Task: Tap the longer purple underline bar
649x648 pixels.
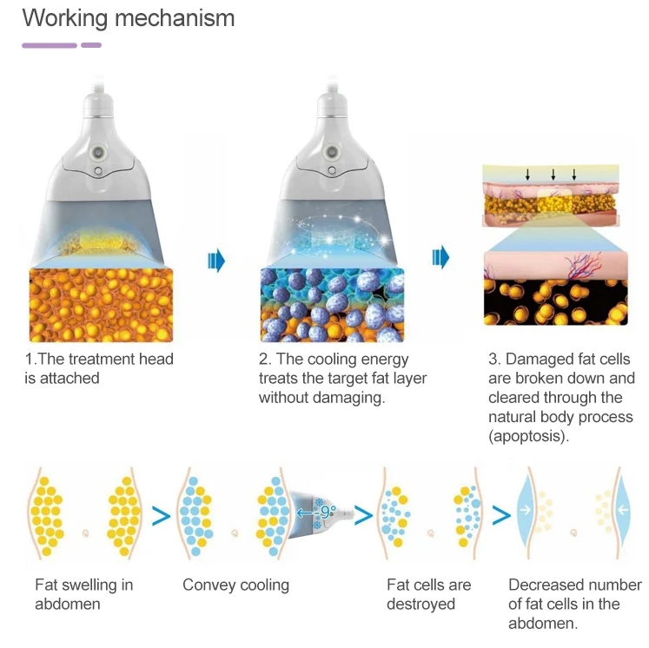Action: (x=50, y=45)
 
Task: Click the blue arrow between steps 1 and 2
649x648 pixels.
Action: (x=217, y=260)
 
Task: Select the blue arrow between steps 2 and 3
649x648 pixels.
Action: (x=441, y=257)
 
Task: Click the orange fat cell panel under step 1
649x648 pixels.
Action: (x=101, y=305)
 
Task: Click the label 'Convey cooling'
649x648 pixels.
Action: (x=235, y=585)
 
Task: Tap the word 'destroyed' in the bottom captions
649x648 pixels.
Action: (x=421, y=604)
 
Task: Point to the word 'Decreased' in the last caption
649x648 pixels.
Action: (x=545, y=585)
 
